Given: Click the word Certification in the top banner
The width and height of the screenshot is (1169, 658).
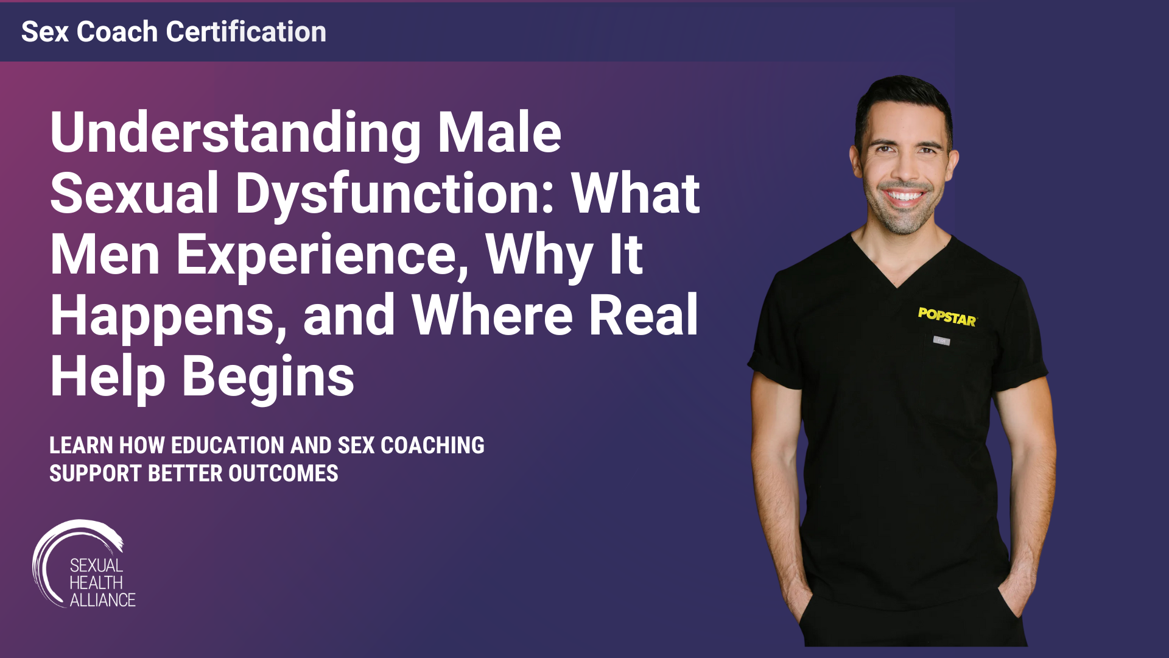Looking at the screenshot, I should [246, 32].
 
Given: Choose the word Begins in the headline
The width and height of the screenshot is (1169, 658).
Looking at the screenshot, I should [268, 377].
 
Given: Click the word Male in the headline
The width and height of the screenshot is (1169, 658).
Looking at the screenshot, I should [499, 133].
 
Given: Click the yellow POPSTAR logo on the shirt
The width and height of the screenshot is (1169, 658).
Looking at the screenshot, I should [947, 317].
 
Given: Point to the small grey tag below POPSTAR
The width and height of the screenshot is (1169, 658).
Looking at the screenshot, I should [941, 341].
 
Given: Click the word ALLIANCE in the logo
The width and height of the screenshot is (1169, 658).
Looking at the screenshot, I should [102, 600].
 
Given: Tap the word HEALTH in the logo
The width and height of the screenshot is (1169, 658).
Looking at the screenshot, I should [96, 583].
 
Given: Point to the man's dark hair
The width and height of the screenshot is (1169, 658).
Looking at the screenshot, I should [901, 97].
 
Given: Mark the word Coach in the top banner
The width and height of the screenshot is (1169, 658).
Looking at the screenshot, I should [117, 32].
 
